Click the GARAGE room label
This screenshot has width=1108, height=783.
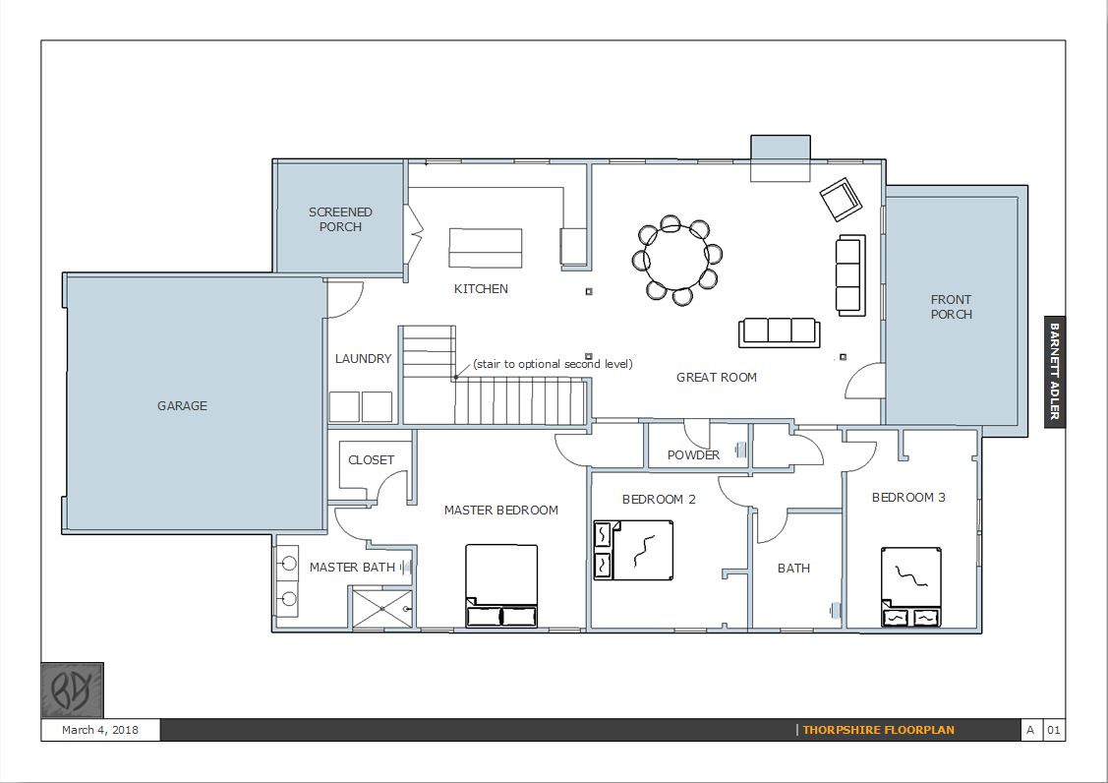pos(182,405)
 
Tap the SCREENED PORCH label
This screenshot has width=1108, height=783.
pos(340,219)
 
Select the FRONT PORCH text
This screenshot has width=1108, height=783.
pos(951,307)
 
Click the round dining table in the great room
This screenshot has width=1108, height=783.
pos(677,259)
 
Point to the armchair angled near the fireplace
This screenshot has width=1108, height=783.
pos(841,200)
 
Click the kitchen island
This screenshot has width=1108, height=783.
pos(485,248)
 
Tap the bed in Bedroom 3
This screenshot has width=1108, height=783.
pos(911,587)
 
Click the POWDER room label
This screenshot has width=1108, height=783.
pos(693,454)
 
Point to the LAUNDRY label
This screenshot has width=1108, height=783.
pos(363,359)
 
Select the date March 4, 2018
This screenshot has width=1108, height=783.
pos(100,730)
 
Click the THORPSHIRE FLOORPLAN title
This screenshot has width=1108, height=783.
pos(878,730)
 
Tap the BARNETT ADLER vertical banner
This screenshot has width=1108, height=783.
pos(1054,371)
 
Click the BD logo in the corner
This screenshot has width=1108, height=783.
pos(72,690)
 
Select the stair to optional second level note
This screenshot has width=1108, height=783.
pos(553,364)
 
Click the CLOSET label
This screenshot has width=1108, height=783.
pos(371,459)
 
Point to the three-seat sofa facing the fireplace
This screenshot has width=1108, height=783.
pos(780,332)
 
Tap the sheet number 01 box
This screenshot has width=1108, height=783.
pos(1054,730)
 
